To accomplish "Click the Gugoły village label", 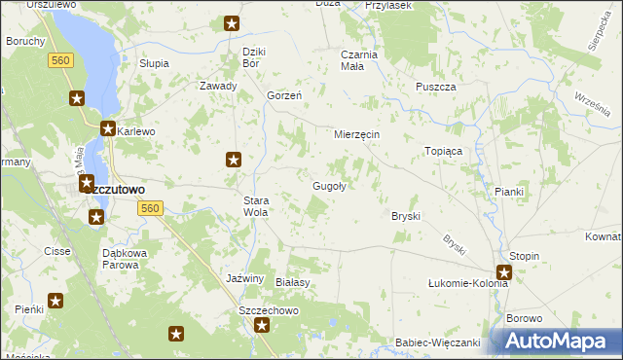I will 329,186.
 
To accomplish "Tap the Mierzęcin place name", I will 356,133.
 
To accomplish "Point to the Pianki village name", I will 509,192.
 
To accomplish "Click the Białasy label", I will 292,282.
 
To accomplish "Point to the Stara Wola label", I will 255,205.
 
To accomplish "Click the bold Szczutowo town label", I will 113,190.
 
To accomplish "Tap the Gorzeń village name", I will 283,95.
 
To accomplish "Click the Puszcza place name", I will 435,87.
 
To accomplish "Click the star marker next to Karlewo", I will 108,128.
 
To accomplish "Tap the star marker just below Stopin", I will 504,273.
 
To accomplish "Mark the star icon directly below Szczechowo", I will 262,327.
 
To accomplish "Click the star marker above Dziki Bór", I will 231,23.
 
